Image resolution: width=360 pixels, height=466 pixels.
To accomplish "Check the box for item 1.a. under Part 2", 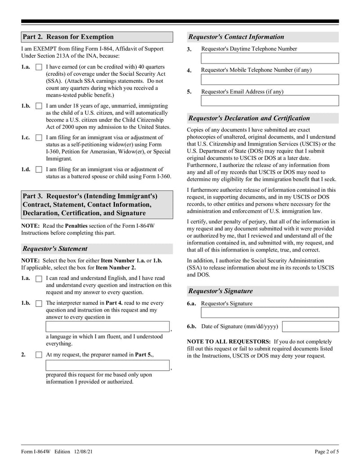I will [39, 67].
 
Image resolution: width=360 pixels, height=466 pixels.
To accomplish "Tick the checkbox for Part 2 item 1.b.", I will [39, 106].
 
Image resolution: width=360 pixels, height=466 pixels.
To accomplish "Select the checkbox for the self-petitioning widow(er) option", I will [39, 138].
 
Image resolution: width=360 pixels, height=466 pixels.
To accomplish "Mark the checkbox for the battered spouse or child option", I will [39, 170].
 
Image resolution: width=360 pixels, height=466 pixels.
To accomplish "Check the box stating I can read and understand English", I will [39, 279].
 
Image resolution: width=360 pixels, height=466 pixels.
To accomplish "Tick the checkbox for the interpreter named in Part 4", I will [39, 303].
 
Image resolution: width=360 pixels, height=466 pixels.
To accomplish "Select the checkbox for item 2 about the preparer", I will [39, 355].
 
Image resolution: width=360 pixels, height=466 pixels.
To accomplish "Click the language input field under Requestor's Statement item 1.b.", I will [108, 327].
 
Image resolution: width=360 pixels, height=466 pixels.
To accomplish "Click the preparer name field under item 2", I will [108, 365].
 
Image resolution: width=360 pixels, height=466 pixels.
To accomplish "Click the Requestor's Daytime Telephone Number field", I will [270, 59].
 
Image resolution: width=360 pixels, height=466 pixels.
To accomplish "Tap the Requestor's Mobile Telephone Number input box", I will [270, 80].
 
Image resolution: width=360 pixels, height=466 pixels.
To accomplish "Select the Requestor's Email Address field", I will [270, 101].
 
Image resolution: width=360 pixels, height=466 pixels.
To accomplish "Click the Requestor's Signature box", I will [270, 312].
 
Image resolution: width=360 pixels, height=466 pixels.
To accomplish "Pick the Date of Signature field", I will [310, 326].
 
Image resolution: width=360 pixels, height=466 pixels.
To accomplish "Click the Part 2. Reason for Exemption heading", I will [68, 37].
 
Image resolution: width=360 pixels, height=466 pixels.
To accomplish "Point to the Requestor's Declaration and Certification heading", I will [249, 118].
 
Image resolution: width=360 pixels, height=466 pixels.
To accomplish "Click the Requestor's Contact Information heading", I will [236, 37].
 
